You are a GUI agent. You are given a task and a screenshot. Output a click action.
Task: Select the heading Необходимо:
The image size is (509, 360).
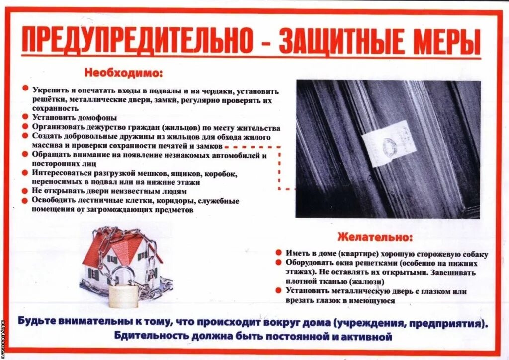click(123, 73)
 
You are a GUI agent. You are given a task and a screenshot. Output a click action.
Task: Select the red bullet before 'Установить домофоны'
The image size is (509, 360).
click(24, 117)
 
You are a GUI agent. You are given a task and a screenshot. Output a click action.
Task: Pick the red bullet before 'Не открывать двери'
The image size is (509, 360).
click(24, 190)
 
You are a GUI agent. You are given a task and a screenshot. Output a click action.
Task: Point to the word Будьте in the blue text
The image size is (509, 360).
click(37, 321)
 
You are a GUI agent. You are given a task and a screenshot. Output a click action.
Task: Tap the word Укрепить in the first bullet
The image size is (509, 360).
click(47, 91)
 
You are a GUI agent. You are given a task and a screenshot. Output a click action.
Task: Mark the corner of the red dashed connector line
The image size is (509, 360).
click(280, 147)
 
